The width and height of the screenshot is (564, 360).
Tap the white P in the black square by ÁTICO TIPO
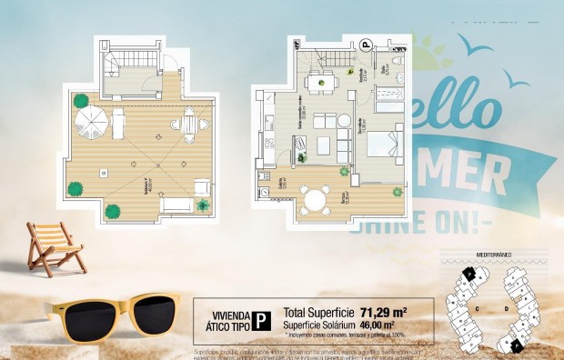[x=261, y=319]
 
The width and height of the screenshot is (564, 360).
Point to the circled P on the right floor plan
[x=366, y=43]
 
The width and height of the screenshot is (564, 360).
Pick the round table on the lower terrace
[x=316, y=198]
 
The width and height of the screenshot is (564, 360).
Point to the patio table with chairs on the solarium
[x=190, y=125]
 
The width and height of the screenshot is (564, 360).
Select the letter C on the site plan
[x=478, y=307]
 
